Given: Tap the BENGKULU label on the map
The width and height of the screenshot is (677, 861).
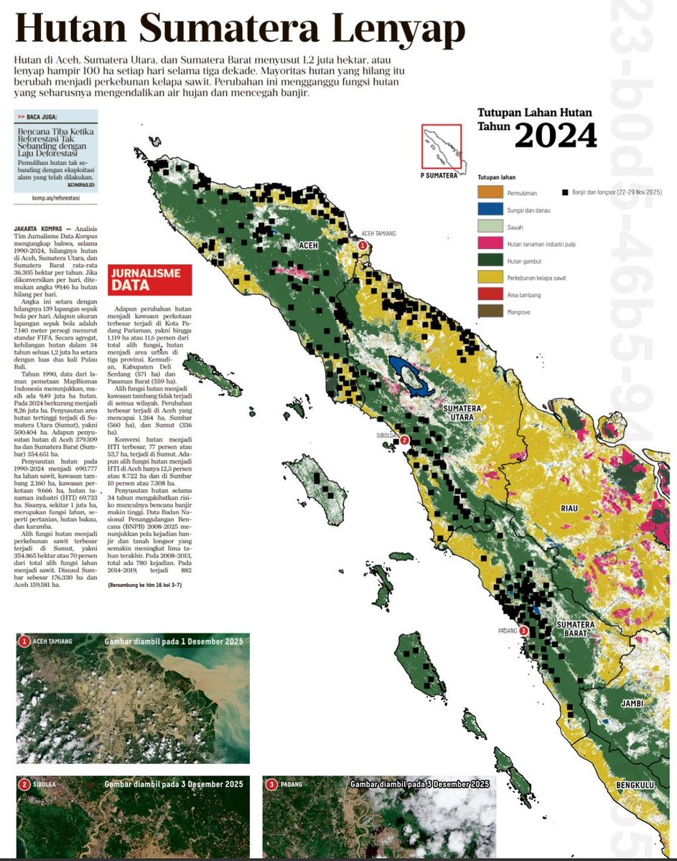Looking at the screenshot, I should tap(635, 786).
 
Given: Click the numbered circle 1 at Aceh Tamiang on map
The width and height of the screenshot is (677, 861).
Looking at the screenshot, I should tap(363, 245).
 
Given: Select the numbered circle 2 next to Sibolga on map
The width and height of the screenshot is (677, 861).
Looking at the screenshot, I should tap(404, 440).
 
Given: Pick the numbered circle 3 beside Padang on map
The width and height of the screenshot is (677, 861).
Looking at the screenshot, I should tap(523, 631).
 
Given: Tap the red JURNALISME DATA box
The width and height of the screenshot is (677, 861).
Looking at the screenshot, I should tap(149, 280).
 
